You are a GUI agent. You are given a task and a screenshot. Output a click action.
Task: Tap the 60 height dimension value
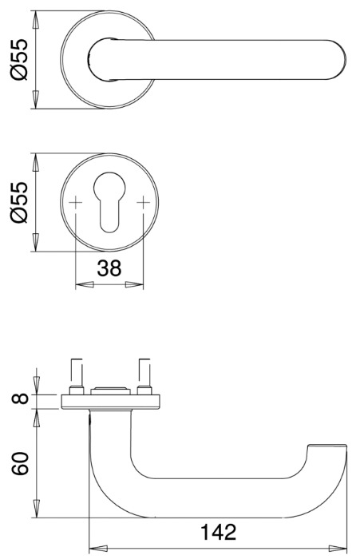point(22,462)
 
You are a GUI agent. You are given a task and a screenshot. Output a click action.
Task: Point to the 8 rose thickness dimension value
point(22,397)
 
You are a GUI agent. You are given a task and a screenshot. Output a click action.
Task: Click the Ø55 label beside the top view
point(21,60)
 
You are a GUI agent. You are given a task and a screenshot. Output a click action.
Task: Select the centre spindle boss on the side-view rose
point(109,390)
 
